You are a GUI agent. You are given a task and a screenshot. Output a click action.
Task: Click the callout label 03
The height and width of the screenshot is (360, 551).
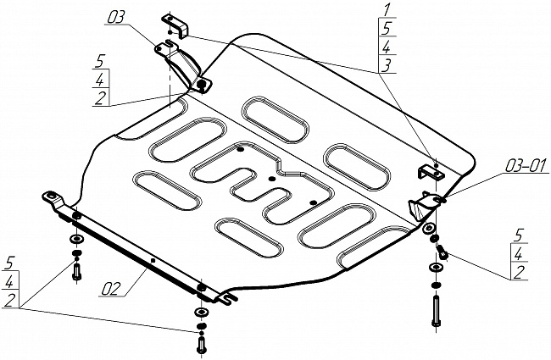point(116,17)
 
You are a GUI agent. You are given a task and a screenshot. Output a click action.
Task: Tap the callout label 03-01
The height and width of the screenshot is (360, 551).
point(526,166)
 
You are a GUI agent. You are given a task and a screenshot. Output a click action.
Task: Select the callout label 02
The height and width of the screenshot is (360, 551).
point(112,289)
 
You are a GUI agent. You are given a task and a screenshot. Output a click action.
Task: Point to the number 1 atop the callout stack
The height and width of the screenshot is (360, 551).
point(387,9)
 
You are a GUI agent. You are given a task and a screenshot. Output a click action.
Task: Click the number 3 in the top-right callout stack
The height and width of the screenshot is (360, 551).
point(387,66)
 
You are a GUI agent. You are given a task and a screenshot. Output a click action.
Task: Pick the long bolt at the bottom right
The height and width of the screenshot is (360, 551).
point(436,311)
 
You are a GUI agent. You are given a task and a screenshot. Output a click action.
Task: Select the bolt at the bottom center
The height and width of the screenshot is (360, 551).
point(201,345)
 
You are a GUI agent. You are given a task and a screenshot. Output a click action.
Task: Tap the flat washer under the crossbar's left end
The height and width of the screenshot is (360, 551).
point(77,240)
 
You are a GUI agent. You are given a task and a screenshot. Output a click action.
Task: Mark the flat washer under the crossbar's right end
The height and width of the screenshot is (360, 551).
point(202,312)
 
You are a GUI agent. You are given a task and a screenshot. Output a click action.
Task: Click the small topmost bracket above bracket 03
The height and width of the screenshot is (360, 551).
point(175,25)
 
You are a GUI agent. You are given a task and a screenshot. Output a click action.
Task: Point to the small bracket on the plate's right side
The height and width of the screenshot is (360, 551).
point(430,172)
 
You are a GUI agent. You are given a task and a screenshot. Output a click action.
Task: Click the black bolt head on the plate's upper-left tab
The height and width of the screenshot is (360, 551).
point(202,85)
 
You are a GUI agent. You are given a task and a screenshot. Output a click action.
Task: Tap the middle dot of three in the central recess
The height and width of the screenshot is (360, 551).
point(271,179)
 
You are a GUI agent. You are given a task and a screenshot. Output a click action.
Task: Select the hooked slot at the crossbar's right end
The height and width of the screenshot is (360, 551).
point(229,298)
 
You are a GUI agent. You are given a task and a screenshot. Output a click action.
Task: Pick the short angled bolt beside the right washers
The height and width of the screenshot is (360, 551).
point(442,252)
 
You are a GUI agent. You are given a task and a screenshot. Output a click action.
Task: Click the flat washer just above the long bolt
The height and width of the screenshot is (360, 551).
point(436,268)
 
